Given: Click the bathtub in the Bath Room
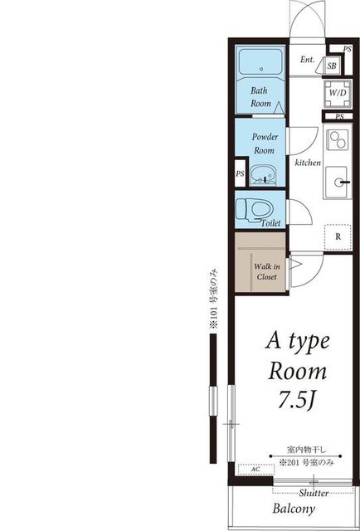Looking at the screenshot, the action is [x=261, y=62].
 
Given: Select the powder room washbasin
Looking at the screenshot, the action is [x=264, y=175].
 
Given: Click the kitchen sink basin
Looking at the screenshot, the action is [x=336, y=183].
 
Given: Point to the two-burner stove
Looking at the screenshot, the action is [x=338, y=139].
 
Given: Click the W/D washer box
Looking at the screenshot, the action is [x=338, y=94].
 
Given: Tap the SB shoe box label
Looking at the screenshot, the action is [x=332, y=66].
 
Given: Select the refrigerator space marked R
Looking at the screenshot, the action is [x=338, y=237].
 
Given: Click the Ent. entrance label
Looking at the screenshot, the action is [x=308, y=60].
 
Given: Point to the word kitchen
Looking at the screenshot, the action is [x=308, y=163].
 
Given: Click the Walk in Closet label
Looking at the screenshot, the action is [x=267, y=272].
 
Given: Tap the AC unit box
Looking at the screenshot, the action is [x=256, y=470].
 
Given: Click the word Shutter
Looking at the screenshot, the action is [x=314, y=493].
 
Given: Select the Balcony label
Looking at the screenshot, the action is [x=294, y=509].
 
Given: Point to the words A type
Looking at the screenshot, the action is [x=298, y=343].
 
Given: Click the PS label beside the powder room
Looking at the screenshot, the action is [x=240, y=173].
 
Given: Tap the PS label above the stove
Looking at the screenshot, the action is [x=339, y=117].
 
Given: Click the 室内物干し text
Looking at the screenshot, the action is [x=306, y=450].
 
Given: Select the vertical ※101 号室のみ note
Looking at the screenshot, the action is [x=213, y=298].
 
